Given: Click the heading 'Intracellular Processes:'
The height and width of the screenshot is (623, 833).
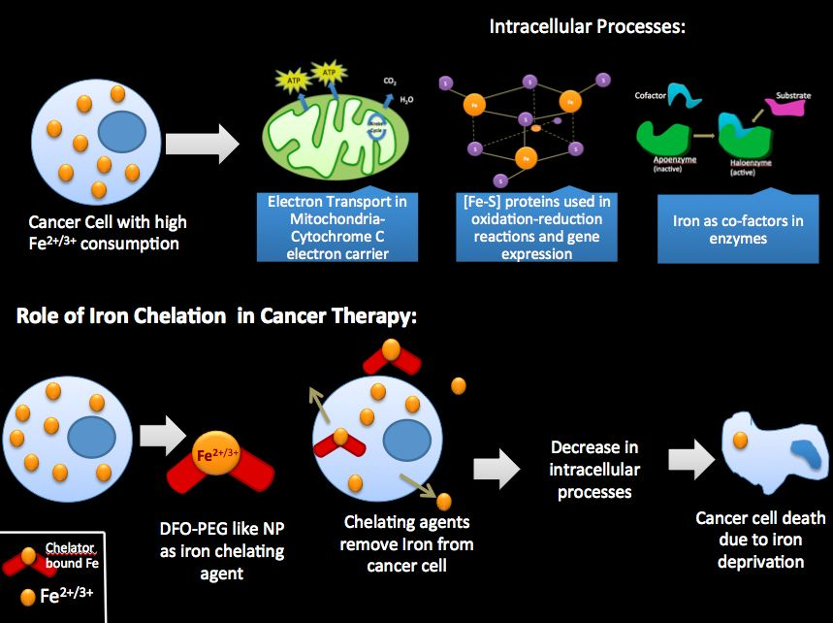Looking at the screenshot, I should (x=588, y=27).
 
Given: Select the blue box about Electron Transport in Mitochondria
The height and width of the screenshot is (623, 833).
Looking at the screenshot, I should (x=337, y=227).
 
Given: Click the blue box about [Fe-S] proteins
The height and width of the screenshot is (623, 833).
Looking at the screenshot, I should (x=524, y=227).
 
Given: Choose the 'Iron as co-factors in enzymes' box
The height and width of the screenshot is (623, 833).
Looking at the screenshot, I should (x=738, y=229).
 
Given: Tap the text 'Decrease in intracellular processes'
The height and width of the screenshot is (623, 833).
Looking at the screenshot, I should (x=594, y=470).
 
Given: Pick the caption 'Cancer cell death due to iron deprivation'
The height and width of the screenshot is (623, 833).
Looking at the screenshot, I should (x=761, y=540).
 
